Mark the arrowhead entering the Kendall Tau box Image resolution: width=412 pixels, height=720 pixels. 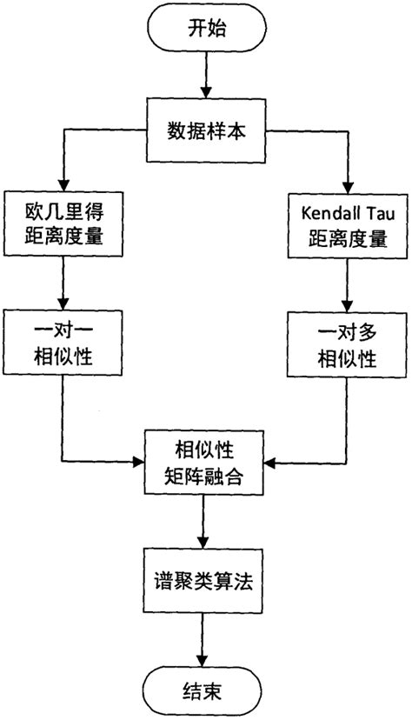click(348, 184)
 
